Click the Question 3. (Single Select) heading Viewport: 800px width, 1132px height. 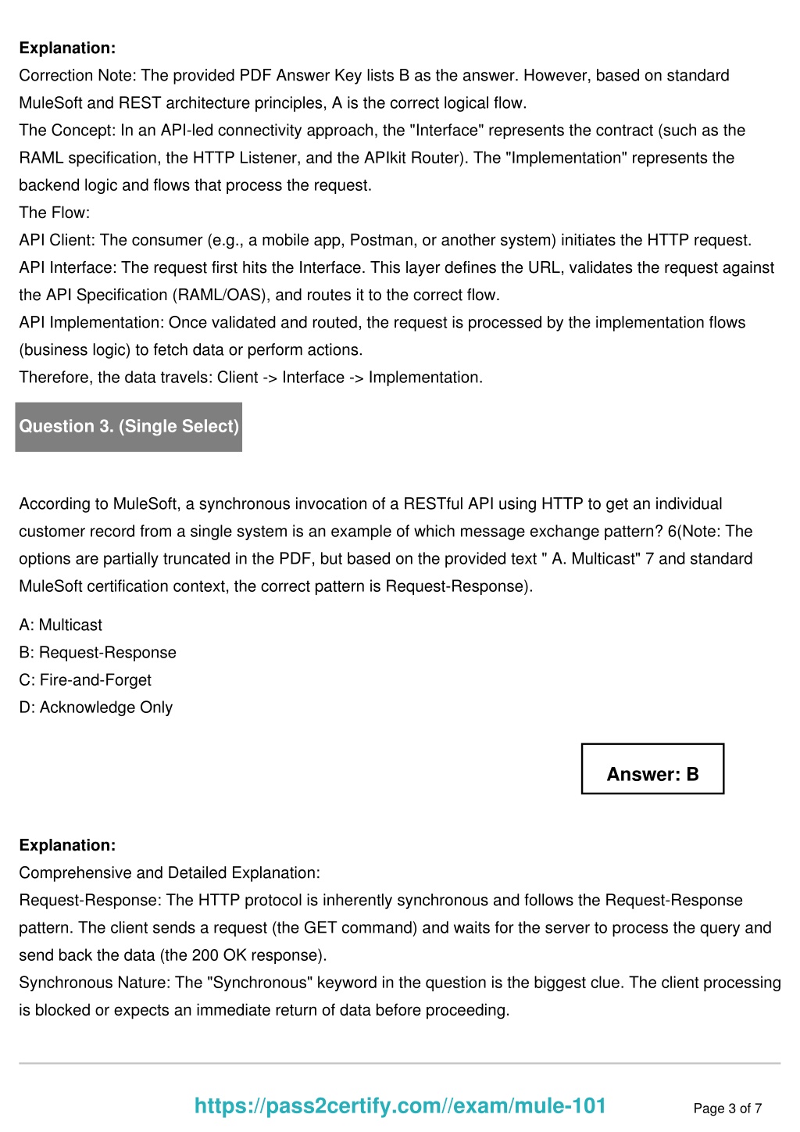129,426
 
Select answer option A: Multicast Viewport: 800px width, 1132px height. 61,625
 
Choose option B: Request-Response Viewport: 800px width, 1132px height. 98,652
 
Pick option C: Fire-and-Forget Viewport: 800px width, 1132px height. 85,679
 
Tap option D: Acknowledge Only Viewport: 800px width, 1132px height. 95,707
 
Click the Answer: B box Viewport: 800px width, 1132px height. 652,774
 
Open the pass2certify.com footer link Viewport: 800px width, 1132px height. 400,1105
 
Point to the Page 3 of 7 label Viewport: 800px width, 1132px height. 727,1108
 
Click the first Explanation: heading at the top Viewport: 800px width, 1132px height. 67,48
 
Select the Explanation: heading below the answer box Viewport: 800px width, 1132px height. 67,845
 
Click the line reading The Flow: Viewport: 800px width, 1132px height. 55,213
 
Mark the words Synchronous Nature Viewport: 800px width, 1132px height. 94,983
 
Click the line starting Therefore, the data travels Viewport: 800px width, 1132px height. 251,377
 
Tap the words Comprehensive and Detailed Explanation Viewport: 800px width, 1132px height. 170,872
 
